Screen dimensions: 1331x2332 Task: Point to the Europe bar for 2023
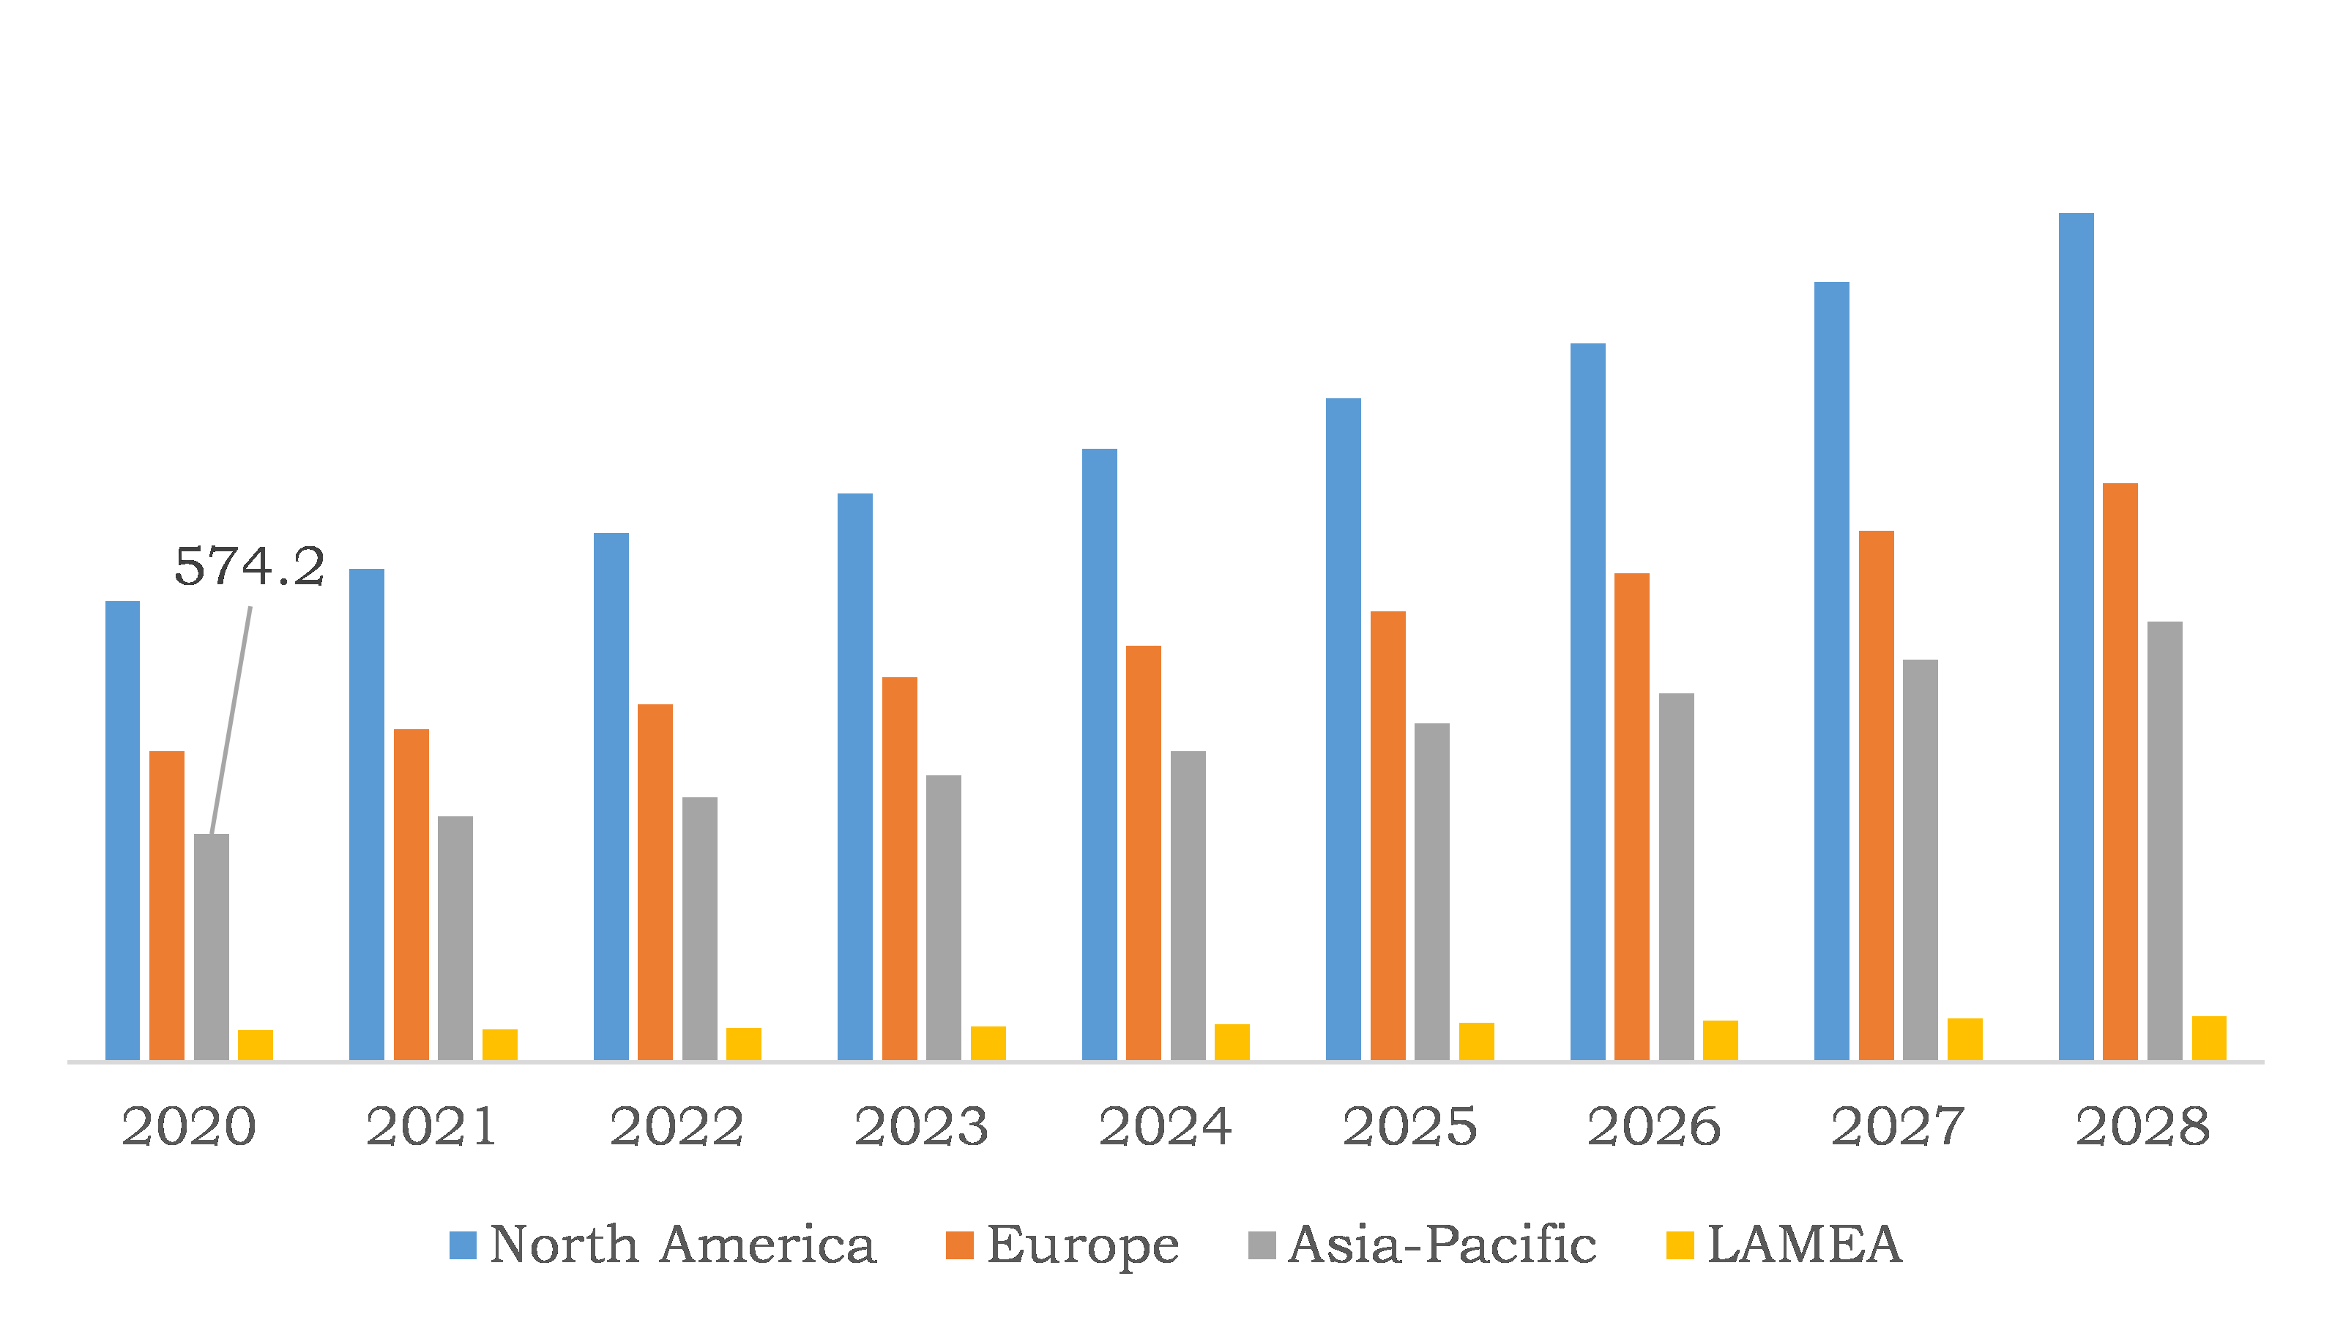pyautogui.click(x=900, y=868)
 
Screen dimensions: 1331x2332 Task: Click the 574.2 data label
pyautogui.click(x=249, y=567)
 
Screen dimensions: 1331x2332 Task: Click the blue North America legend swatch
pyautogui.click(x=463, y=1245)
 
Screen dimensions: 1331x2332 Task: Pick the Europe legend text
pyautogui.click(x=1082, y=1245)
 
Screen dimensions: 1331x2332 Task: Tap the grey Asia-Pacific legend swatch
pyautogui.click(x=1262, y=1245)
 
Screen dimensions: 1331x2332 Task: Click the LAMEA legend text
pyautogui.click(x=1803, y=1245)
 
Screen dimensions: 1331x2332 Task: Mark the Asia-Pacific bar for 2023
pyautogui.click(x=943, y=918)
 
